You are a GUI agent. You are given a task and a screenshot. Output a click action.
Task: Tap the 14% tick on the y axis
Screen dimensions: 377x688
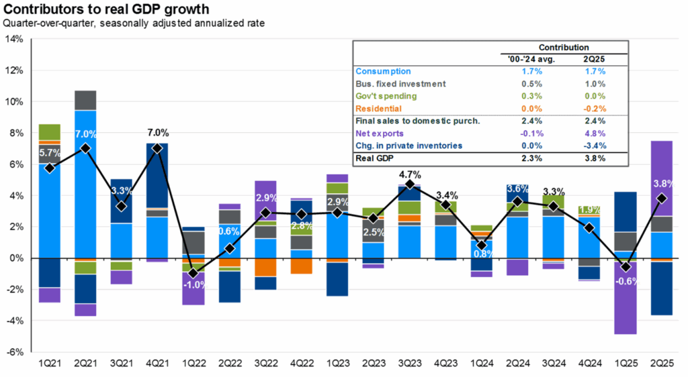pos(14,39)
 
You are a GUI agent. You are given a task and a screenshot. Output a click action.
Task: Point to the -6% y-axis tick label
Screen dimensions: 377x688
pos(14,352)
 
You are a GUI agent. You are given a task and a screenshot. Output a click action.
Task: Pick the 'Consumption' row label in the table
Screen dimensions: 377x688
pos(382,71)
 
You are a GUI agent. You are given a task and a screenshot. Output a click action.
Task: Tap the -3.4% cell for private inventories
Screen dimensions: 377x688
pos(595,146)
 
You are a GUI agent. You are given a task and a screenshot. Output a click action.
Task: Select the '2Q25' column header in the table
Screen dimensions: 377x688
pos(595,59)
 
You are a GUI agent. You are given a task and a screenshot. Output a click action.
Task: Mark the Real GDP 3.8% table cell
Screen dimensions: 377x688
pos(595,159)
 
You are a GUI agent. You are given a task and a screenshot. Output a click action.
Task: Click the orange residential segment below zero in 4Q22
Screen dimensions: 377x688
pos(301,266)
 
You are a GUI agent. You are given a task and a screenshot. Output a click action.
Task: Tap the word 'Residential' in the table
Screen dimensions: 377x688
pos(378,109)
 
